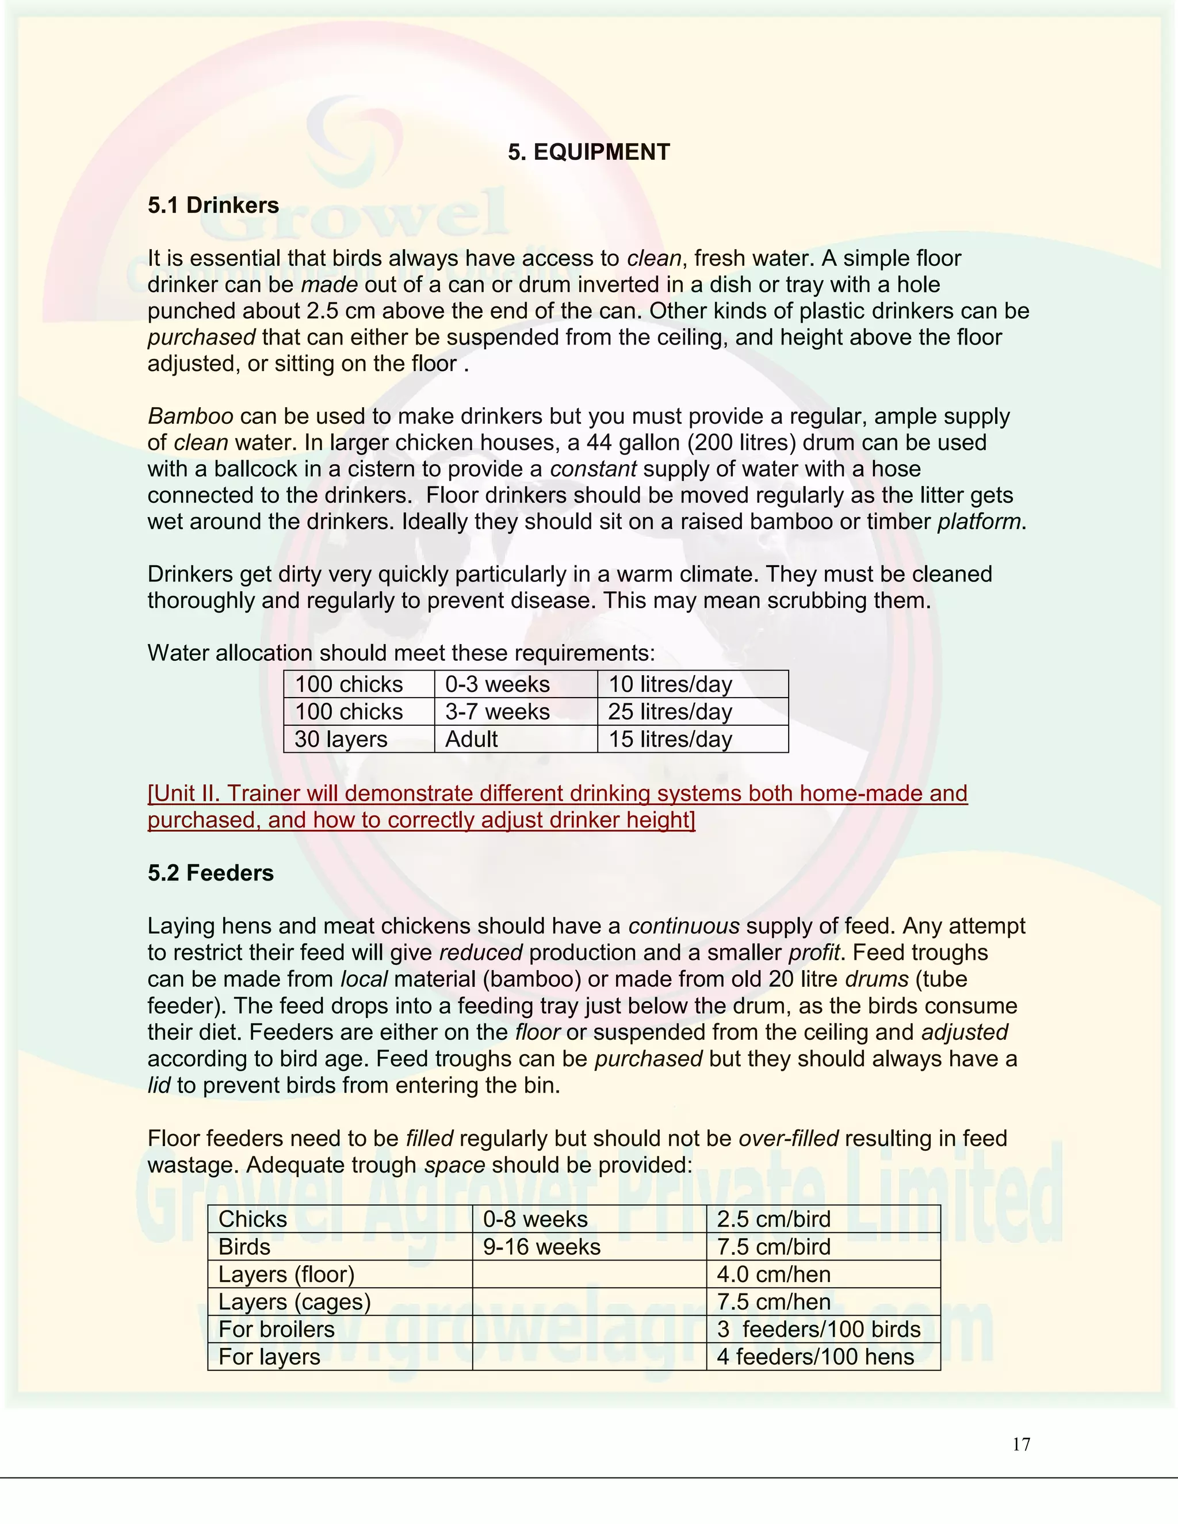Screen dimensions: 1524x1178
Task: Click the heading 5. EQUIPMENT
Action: click(x=588, y=152)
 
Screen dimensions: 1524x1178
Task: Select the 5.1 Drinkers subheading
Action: click(x=213, y=205)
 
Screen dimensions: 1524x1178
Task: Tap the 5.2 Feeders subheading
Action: click(x=210, y=873)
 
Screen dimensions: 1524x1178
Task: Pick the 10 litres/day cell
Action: click(x=670, y=684)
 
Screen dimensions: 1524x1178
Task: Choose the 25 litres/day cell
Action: click(x=670, y=712)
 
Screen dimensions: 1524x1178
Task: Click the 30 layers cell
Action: click(x=341, y=739)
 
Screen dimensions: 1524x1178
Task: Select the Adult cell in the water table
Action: click(x=471, y=739)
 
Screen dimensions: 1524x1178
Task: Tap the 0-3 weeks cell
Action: click(x=497, y=684)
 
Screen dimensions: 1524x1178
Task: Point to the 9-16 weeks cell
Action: click(x=541, y=1247)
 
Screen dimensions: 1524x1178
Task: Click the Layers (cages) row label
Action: click(x=294, y=1302)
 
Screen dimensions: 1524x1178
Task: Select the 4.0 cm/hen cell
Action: click(x=773, y=1275)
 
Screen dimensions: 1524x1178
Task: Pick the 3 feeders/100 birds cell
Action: click(x=818, y=1329)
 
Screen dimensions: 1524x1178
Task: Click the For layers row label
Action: click(x=269, y=1357)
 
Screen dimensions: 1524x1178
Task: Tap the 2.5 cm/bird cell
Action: click(x=773, y=1220)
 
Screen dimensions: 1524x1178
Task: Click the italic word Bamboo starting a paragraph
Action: click(x=190, y=416)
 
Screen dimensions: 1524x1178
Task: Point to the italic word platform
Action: click(x=978, y=522)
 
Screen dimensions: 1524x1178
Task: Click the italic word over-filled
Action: click(x=788, y=1139)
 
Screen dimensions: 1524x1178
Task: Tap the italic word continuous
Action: click(x=683, y=926)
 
